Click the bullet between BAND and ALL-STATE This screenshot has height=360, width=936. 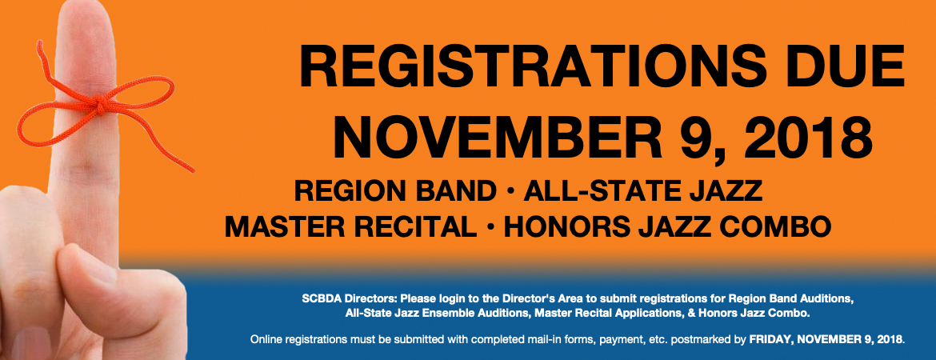point(510,192)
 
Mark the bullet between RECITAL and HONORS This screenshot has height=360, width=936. point(490,227)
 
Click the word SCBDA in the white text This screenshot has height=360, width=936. point(320,298)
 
